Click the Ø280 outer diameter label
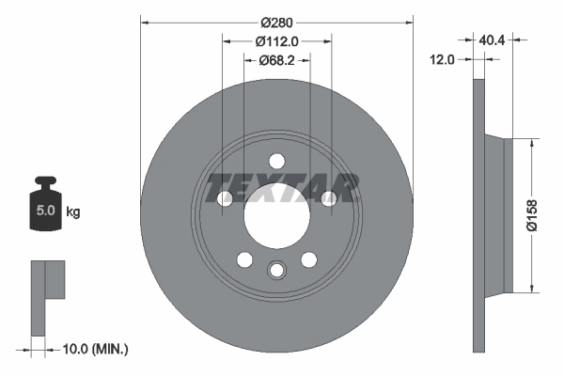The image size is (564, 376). coord(276,22)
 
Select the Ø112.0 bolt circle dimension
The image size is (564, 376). coord(276,41)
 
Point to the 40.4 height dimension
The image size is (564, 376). coord(493,40)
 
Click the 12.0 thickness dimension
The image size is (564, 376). coord(442,59)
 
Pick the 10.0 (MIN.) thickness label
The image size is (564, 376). coord(93,349)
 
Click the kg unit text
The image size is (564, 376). coord(73,212)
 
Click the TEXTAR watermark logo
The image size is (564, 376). coord(282,187)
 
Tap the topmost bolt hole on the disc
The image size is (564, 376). coord(276,162)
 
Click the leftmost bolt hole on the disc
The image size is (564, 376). coord(224,198)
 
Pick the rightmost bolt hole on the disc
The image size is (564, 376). coord(329,198)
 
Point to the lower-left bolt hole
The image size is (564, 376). coord(244,259)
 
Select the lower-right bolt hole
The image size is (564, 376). coord(308,259)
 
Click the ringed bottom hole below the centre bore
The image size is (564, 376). coord(276,271)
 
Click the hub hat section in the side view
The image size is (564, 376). coord(497,213)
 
